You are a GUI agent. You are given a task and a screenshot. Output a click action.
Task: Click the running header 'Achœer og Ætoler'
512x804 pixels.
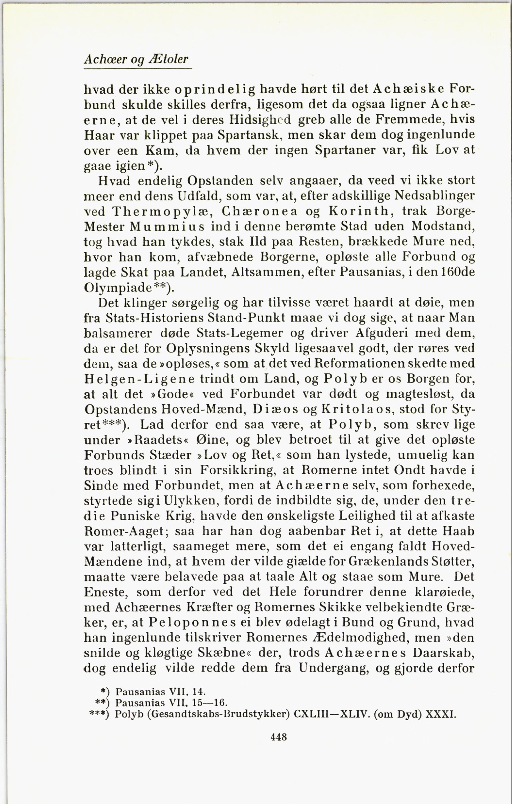136,59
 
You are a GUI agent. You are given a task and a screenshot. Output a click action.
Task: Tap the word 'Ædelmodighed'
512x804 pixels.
360,638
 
